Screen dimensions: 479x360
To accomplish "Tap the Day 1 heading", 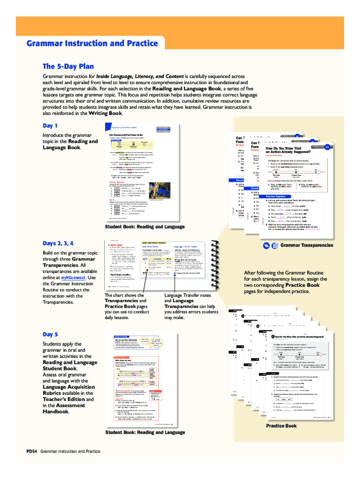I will coord(50,126).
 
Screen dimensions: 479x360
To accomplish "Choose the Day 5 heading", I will coord(50,334).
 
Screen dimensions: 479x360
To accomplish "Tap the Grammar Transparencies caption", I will coord(306,245).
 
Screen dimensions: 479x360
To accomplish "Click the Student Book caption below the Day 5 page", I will coord(145,432).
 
